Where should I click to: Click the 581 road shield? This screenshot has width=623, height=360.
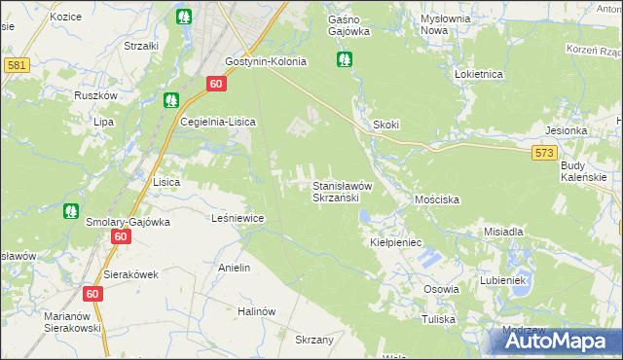point(16,64)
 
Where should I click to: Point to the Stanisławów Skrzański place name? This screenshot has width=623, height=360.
point(336,191)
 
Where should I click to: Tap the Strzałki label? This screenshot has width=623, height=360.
point(141,46)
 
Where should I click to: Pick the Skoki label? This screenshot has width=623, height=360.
point(386,126)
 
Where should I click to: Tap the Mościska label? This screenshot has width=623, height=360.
point(436,198)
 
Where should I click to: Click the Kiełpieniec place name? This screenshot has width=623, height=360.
point(393,241)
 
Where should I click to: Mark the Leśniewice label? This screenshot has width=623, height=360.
point(238,218)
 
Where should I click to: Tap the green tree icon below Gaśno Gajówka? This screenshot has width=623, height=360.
point(344,60)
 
